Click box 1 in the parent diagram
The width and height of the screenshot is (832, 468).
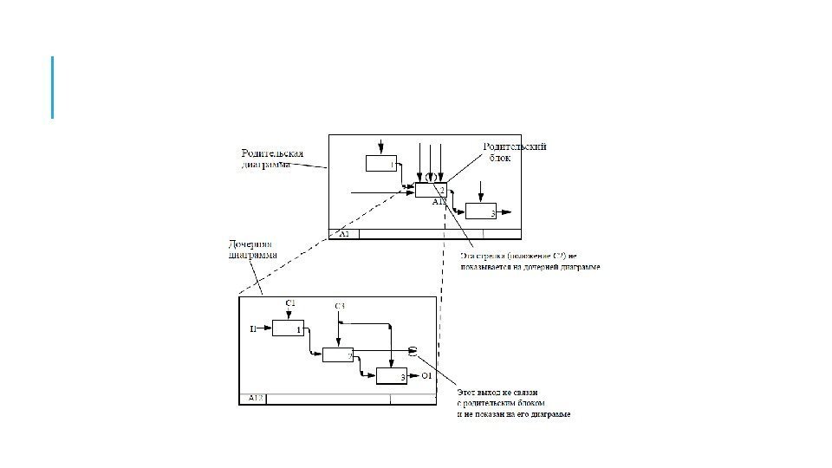tap(380, 163)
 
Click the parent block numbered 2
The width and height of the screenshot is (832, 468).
tap(431, 191)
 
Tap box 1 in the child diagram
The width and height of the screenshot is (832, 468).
tap(288, 328)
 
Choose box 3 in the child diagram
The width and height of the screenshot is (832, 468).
tap(391, 375)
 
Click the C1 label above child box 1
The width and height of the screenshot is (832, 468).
tap(290, 302)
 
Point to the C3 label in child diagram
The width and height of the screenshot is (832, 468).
tap(340, 307)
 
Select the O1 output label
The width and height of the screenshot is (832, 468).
tap(426, 376)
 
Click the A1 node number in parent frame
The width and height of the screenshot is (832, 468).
tap(343, 234)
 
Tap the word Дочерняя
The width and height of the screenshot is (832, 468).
tap(250, 244)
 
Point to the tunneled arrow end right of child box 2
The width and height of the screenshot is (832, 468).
tap(413, 350)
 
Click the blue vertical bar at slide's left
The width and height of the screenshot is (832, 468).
tap(53, 87)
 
